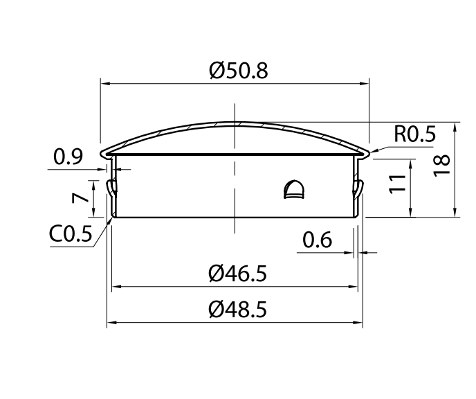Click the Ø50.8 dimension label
tap(237, 71)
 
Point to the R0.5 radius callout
tap(415, 134)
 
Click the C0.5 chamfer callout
tap(71, 234)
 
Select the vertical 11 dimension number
tap(397, 184)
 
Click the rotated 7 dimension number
tap(81, 197)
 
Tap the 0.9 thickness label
tap(68, 157)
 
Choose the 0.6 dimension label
tap(318, 240)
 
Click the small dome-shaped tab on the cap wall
tap(294, 188)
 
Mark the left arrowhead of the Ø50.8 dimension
tap(104, 85)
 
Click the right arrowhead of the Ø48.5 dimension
tap(360, 323)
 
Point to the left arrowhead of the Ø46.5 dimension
tap(116, 286)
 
